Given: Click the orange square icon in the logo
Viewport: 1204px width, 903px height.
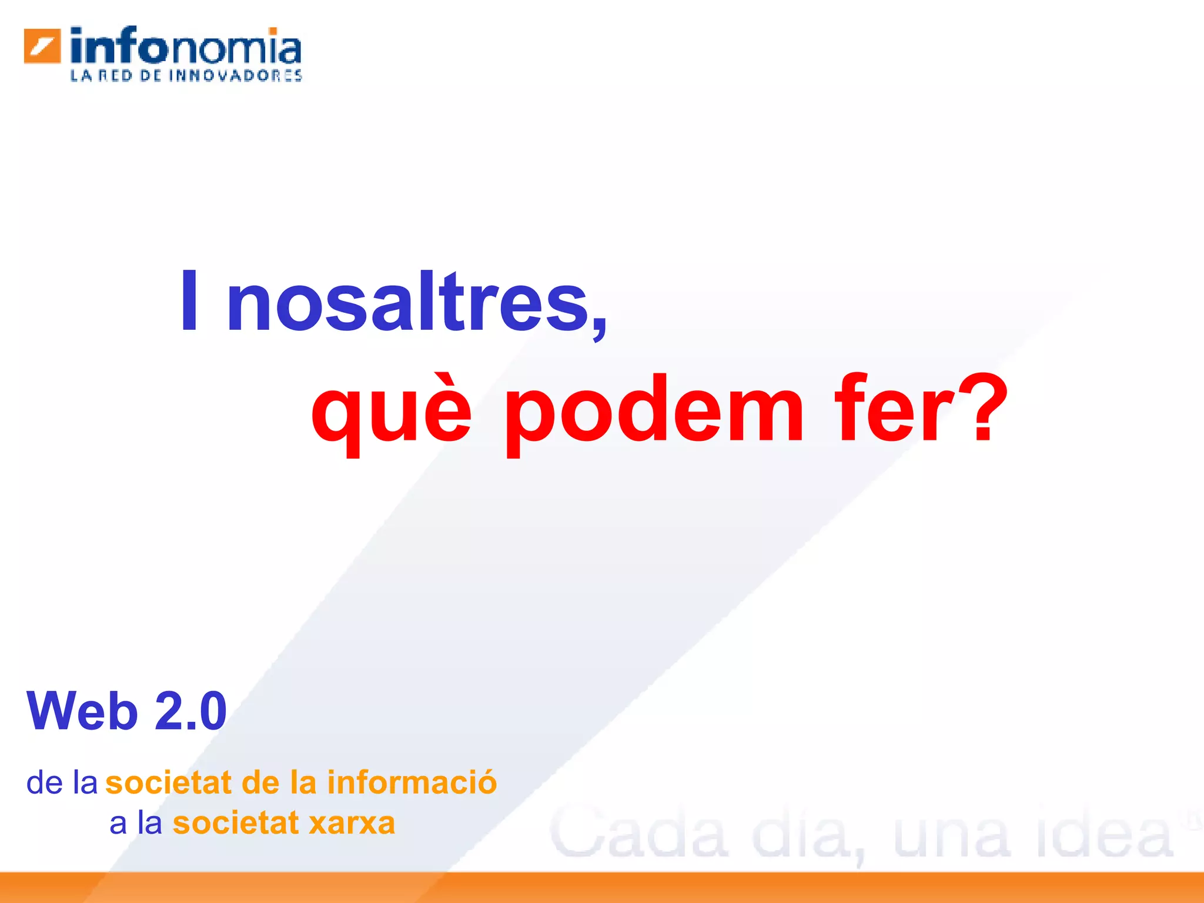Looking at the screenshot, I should pyautogui.click(x=42, y=46).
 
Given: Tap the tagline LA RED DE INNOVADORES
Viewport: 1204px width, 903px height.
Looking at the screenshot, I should pyautogui.click(x=186, y=75).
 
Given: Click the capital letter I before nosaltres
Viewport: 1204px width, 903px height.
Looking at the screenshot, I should pyautogui.click(x=189, y=301).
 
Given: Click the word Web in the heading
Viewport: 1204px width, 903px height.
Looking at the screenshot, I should pyautogui.click(x=82, y=711).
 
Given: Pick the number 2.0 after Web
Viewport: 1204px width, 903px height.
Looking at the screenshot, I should pyautogui.click(x=190, y=711).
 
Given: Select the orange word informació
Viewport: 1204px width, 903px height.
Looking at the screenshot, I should pyautogui.click(x=412, y=782).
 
